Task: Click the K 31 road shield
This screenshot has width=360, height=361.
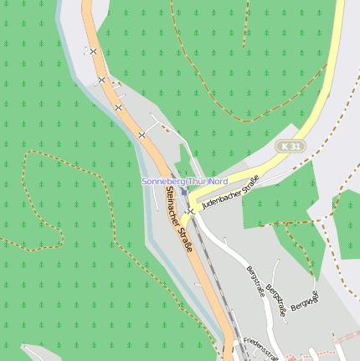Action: [x=291, y=147]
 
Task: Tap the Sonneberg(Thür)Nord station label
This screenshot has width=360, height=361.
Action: [x=184, y=181]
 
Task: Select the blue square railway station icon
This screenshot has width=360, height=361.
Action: [x=184, y=191]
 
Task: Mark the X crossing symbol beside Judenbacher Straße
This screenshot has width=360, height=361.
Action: [x=192, y=211]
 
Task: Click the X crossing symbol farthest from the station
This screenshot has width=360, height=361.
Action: [x=93, y=52]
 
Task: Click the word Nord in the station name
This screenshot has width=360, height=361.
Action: [x=218, y=181]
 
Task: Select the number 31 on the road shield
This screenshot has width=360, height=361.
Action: [x=295, y=147]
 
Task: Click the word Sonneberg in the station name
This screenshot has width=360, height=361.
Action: [x=162, y=181]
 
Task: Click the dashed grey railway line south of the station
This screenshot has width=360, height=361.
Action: [x=219, y=285]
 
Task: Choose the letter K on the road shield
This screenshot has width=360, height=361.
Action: [x=285, y=147]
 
